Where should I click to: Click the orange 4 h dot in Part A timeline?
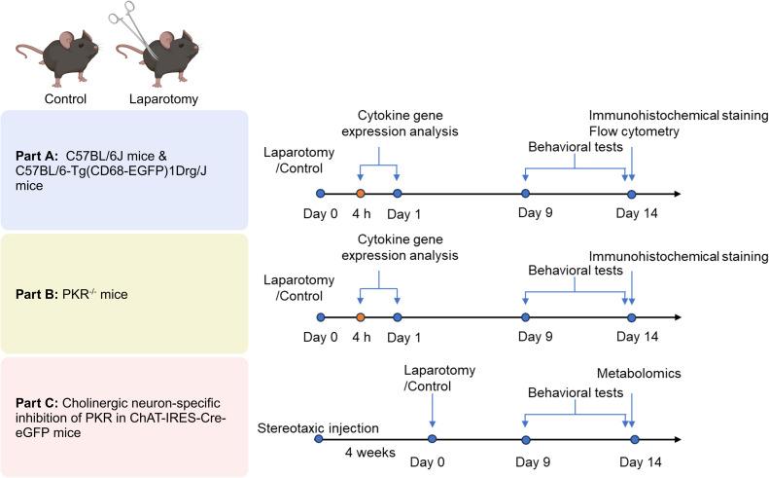coord(360,193)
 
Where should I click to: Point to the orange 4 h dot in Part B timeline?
coord(360,317)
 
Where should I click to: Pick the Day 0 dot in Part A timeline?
coord(321,193)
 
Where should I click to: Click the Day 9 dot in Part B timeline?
coord(525,317)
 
